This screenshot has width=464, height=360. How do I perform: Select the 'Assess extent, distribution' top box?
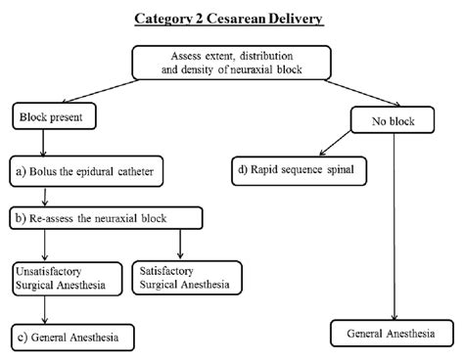pos(231,63)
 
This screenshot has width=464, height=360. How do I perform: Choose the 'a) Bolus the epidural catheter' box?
pos(81,172)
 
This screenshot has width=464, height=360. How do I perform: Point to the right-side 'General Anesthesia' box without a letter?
pos(393,334)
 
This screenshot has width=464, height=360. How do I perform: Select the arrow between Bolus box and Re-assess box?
pos(40,195)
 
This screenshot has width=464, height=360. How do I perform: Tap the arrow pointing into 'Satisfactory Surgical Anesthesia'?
pos(180,245)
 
